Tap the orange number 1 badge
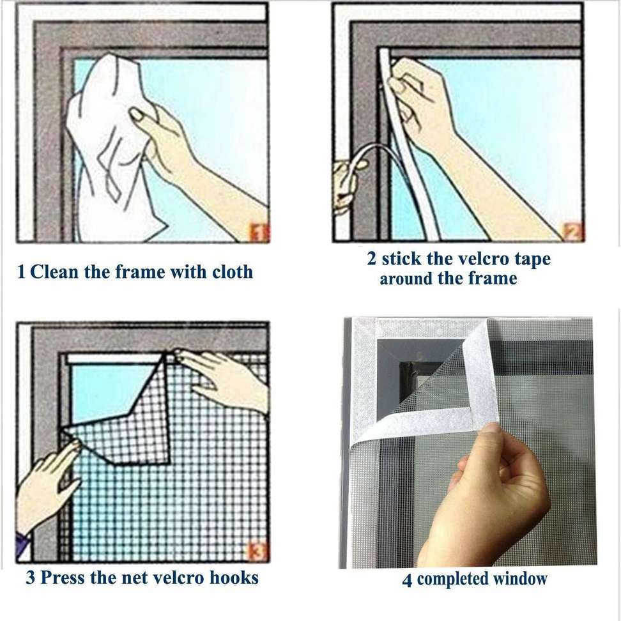click(258, 233)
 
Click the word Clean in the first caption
click(55, 272)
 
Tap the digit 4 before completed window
click(407, 580)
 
